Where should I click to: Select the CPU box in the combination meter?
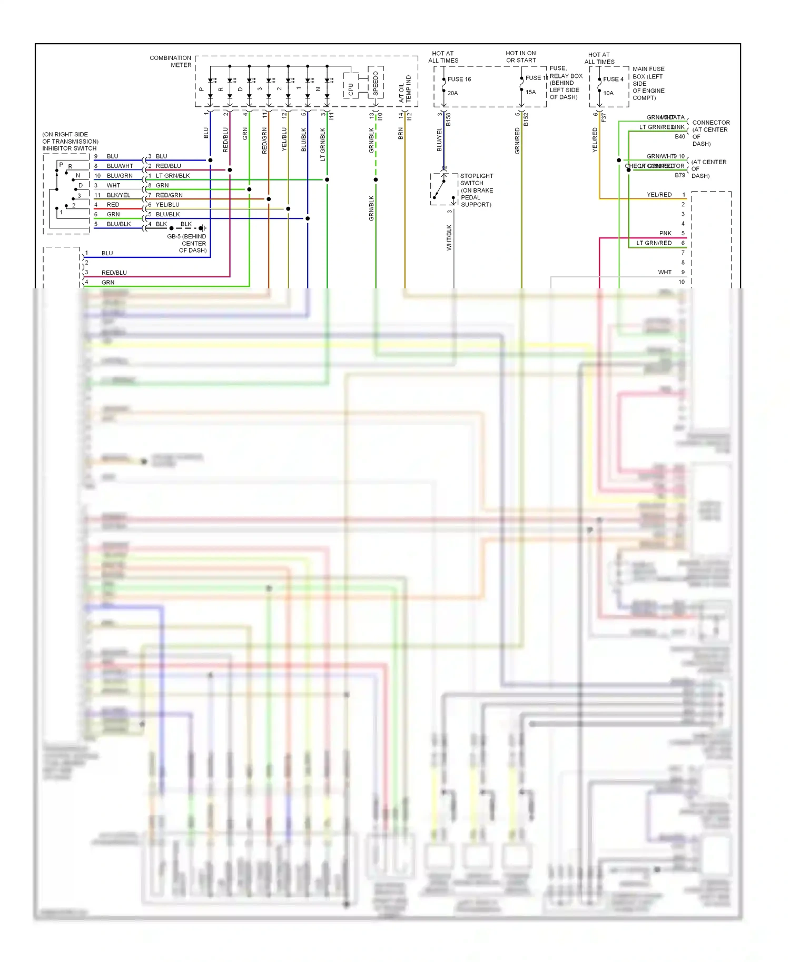[351, 89]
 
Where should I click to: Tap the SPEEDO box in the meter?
[376, 83]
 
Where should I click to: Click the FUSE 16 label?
[459, 79]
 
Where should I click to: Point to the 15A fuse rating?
[530, 92]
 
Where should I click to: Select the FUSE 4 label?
[613, 79]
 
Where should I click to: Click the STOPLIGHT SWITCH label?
[477, 190]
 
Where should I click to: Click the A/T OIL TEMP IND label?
[405, 89]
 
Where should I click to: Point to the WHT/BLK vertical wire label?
[449, 237]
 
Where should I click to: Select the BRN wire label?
[400, 134]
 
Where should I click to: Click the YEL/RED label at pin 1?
[659, 195]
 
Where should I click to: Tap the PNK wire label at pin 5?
[665, 233]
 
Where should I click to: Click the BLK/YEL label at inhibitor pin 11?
[118, 195]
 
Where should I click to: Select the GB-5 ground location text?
[187, 243]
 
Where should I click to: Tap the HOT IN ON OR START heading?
[521, 57]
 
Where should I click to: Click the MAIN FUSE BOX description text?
[648, 83]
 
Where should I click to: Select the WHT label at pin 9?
[665, 272]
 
